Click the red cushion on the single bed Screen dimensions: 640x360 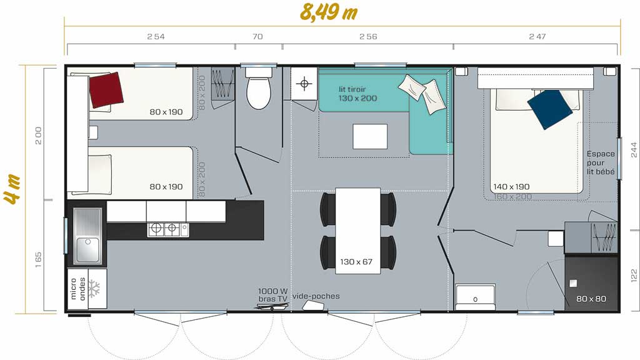tap(106, 90)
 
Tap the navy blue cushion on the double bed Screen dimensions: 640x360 tap(550, 109)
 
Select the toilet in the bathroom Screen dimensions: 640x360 tap(258, 89)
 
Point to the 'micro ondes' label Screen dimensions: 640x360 tap(77, 289)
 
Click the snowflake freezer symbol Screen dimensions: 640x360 tap(95, 288)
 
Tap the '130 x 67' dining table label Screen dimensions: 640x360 tap(356, 262)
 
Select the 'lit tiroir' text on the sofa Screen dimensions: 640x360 tap(352, 89)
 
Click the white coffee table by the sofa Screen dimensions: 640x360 tap(370, 136)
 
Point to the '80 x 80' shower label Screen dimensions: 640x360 tap(591, 299)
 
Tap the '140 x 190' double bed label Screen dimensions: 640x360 tap(511, 186)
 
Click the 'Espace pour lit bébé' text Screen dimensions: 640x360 tap(601, 163)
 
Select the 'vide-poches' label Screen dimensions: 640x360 tap(316, 296)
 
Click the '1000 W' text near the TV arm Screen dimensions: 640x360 tap(272, 291)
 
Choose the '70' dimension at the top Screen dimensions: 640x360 tap(257, 36)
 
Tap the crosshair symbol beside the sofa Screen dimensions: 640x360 tap(304, 84)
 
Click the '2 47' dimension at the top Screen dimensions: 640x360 tap(537, 36)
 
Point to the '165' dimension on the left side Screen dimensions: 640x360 tap(38, 259)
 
